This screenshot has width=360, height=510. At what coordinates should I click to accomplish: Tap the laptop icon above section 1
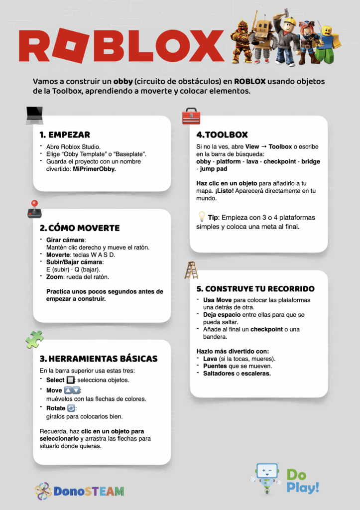coord(35,116)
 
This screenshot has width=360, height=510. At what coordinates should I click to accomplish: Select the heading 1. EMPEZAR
coord(65,135)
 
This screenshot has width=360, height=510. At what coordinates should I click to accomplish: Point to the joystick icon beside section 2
coord(34,209)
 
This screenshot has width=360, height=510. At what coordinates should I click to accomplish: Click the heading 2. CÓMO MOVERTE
coord(80,228)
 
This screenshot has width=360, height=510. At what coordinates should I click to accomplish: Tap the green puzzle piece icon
coord(34,340)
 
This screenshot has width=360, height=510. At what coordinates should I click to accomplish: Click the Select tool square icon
coord(70,380)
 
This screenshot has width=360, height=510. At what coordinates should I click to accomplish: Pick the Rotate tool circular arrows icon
coord(71,408)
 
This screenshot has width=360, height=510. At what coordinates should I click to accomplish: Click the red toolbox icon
coord(191,116)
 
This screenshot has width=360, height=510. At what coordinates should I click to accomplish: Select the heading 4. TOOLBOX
coord(222,135)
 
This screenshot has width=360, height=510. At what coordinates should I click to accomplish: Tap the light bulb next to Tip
coord(202,217)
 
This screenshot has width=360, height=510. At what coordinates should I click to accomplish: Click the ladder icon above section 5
coord(191,270)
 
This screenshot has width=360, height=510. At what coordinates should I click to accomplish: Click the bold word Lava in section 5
coord(211,359)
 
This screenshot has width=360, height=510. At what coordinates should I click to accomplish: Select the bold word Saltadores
coord(220,374)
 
